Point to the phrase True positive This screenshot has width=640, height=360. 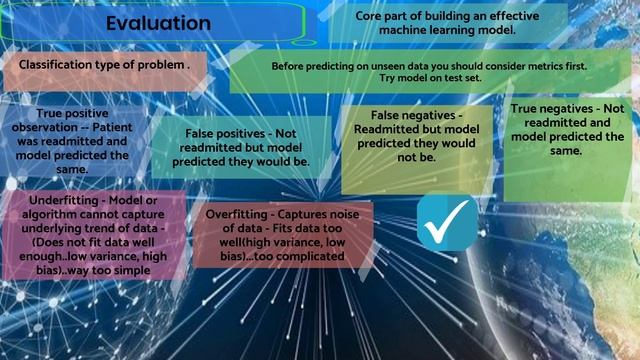coord(72,114)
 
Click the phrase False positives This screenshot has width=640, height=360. coord(222,133)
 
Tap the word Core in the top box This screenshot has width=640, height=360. coord(371,15)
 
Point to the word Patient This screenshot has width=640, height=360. coord(129,128)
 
